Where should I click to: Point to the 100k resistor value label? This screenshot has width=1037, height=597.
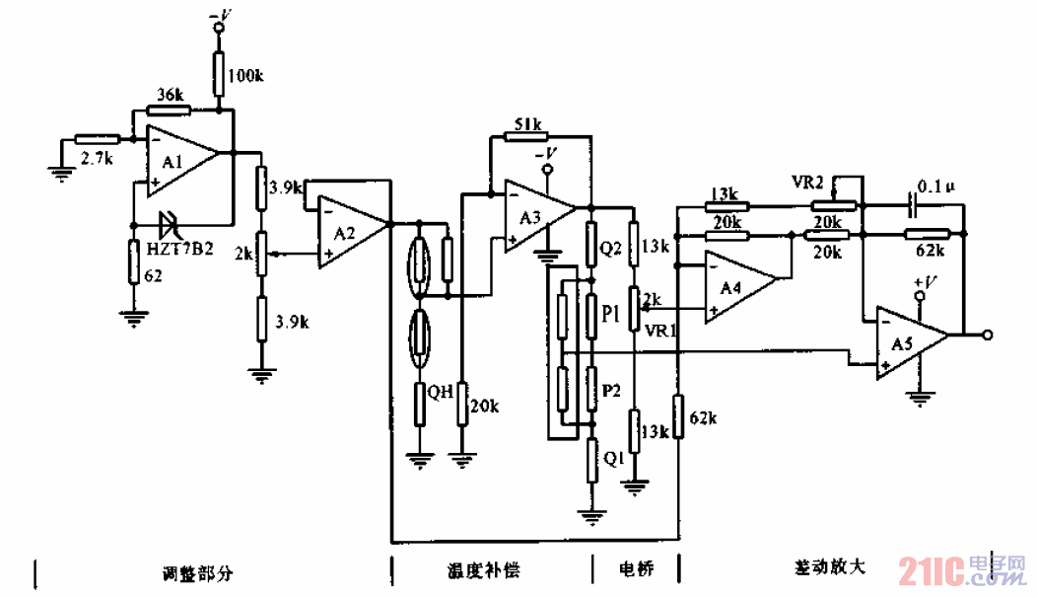tap(247, 75)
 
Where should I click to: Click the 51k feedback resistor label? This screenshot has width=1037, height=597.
tap(526, 125)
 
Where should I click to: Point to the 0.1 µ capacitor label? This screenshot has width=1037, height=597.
tap(935, 185)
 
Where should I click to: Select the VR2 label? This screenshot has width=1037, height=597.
tap(807, 183)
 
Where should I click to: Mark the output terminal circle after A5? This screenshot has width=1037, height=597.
tap(988, 335)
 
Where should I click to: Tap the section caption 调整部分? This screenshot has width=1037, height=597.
tap(197, 571)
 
